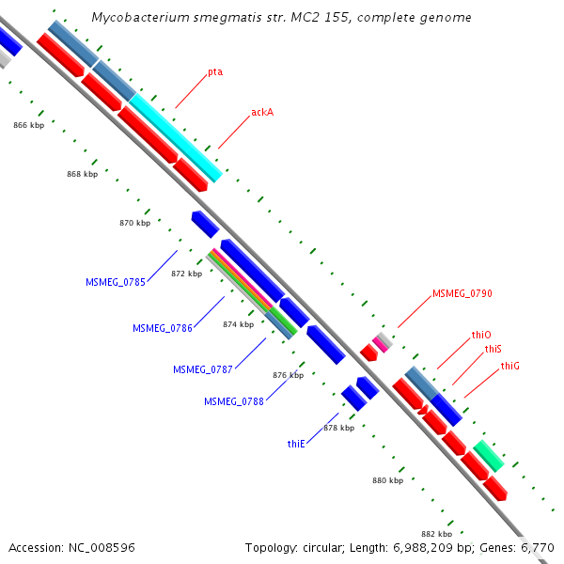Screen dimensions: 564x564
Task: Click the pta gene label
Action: pos(215,71)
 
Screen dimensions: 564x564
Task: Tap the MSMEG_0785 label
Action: pos(116,282)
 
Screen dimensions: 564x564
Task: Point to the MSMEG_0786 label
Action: pos(163,328)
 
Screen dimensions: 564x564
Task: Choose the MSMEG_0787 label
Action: pos(203,369)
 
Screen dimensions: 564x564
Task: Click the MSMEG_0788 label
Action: pos(234,401)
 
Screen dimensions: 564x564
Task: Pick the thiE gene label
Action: pos(297,442)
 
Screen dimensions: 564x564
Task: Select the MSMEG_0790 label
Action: pos(462,293)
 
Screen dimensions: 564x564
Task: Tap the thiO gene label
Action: pos(482,335)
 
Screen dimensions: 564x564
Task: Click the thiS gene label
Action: pos(493,350)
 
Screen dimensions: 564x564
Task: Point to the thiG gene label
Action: pos(510,366)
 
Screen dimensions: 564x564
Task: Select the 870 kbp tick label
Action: pos(135,224)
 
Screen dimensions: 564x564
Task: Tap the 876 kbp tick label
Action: pos(288,375)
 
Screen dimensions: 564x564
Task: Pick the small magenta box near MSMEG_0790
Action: pos(382,339)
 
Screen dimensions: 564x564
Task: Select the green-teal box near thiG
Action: pos(489,455)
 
